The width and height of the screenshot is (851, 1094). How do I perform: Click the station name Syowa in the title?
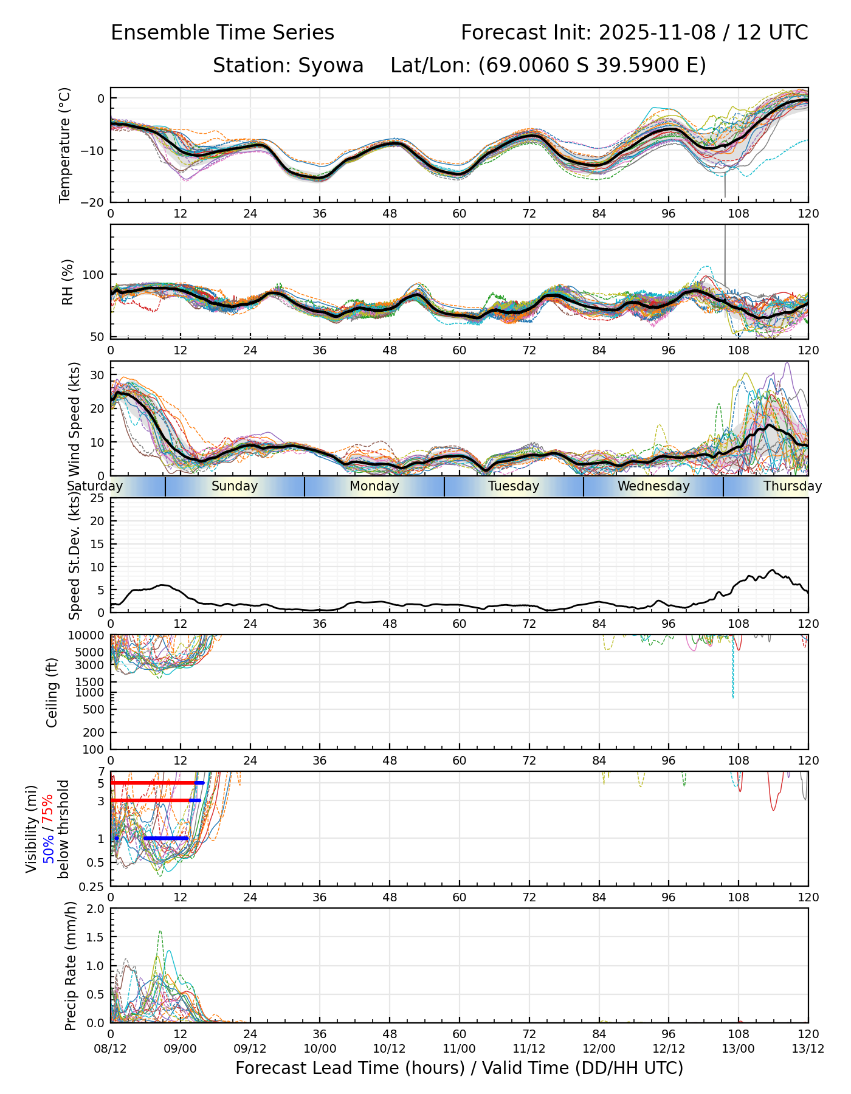(331, 66)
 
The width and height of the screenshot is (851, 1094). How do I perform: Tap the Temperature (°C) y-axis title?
(65, 145)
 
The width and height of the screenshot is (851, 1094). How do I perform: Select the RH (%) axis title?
(67, 281)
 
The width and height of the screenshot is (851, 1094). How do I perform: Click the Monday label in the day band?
(374, 486)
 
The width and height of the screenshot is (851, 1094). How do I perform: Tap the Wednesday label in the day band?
(653, 486)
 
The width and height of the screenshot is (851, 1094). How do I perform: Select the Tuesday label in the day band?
(514, 486)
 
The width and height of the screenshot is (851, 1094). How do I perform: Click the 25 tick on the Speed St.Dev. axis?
(97, 498)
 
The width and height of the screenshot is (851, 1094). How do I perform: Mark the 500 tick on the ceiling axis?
(95, 709)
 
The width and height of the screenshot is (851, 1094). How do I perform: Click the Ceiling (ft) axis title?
(52, 692)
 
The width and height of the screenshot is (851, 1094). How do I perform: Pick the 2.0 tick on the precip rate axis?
(96, 909)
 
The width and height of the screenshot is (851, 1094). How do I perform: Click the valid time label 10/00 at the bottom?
(320, 1048)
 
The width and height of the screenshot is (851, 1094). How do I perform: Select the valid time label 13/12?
(808, 1048)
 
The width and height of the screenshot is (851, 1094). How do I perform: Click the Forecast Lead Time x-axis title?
(459, 1068)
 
